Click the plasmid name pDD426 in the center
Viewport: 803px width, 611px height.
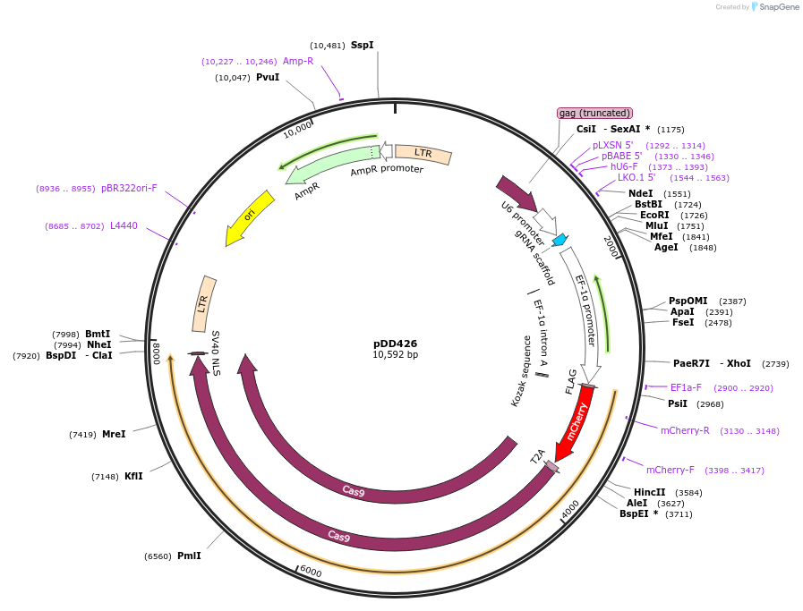tap(395, 344)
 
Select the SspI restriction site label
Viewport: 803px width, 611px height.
tap(362, 45)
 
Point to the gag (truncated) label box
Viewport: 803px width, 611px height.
tap(595, 113)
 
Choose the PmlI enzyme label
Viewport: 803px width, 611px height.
tap(189, 556)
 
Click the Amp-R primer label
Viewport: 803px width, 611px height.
tap(298, 61)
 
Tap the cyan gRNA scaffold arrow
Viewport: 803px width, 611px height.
tap(560, 239)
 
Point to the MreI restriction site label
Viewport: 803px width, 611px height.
tap(114, 434)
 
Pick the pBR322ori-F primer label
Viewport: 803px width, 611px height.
tap(129, 189)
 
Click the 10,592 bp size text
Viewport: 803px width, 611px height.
tap(395, 355)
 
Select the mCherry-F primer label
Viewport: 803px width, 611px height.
tap(671, 470)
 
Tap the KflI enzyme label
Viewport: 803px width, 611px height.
tap(133, 476)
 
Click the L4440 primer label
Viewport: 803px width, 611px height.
tap(124, 226)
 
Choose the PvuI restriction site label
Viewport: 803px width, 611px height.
tap(268, 78)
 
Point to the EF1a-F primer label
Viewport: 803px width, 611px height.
tap(686, 387)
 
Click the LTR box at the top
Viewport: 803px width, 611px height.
tap(423, 154)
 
